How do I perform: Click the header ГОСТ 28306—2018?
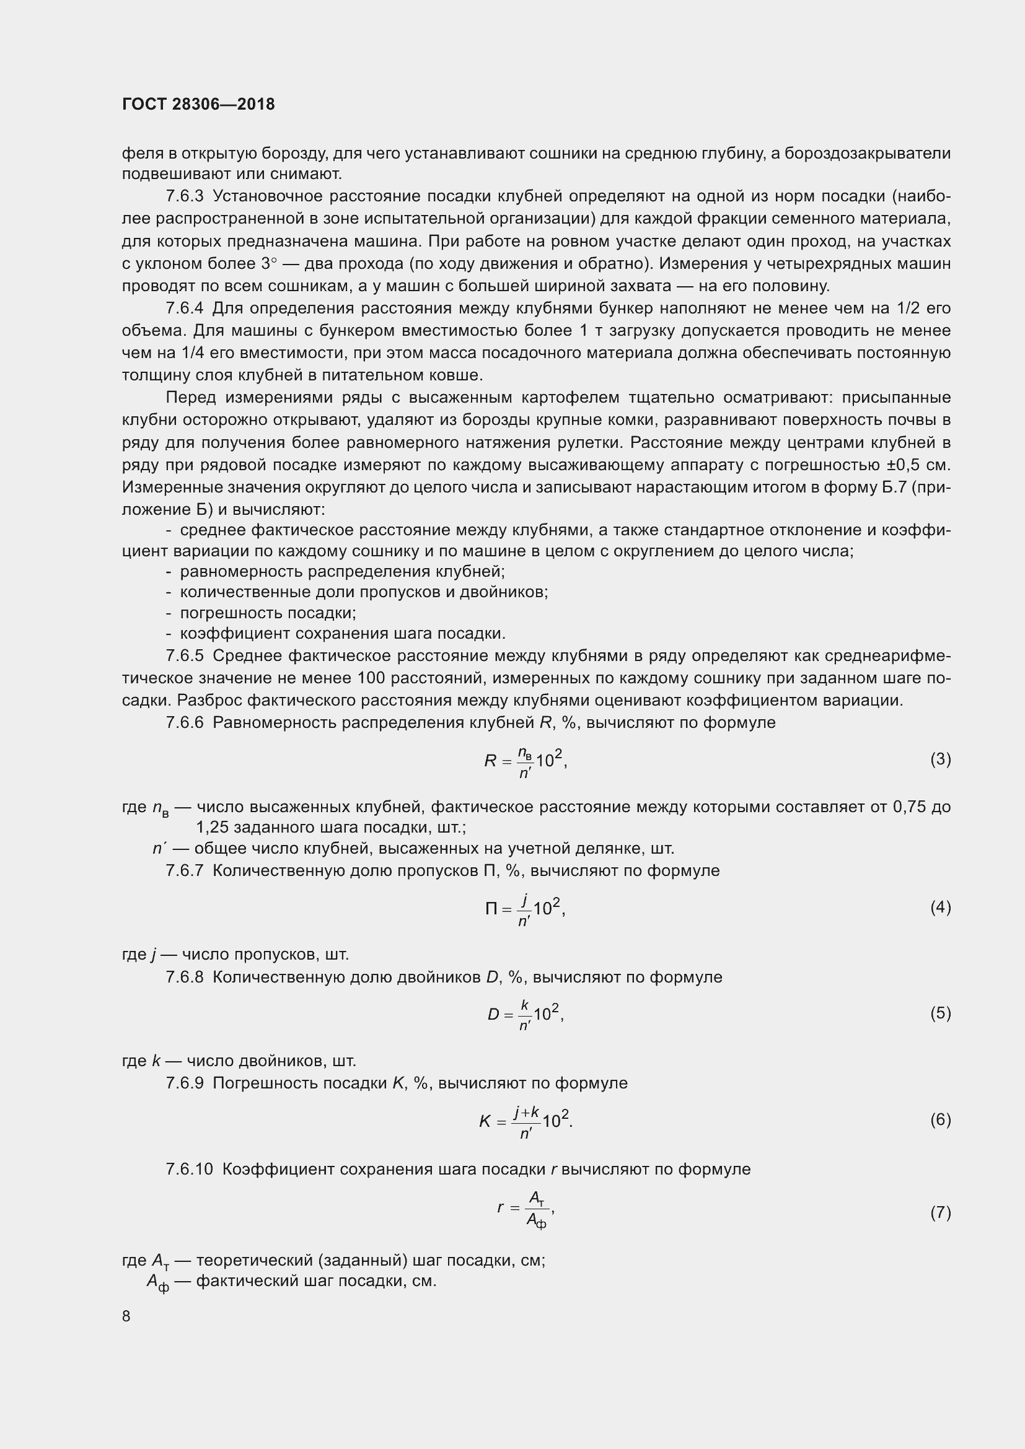(198, 105)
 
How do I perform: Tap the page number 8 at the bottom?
(126, 1316)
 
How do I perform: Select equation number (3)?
(940, 760)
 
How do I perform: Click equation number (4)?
(940, 908)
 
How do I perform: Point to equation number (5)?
(940, 1013)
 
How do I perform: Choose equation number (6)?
(940, 1119)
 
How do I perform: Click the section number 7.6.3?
(185, 196)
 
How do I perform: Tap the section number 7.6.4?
(185, 309)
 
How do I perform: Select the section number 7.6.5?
(185, 655)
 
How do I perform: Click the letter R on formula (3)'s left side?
(490, 761)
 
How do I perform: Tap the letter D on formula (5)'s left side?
(493, 1015)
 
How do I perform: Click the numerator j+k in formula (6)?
(526, 1111)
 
